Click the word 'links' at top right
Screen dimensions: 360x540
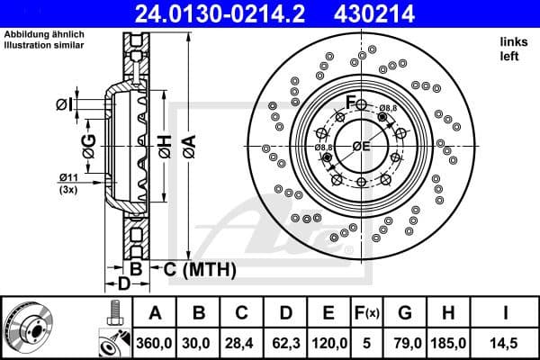tap(512, 42)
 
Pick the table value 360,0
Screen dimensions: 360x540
tap(155, 344)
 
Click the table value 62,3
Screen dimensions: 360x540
tap(285, 344)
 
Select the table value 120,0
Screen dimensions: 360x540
tap(329, 344)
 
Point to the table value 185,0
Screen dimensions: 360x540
tap(453, 344)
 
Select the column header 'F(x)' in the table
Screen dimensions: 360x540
tap(369, 313)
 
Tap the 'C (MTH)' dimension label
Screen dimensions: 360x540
tap(200, 269)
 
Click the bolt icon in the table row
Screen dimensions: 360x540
tap(113, 313)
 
